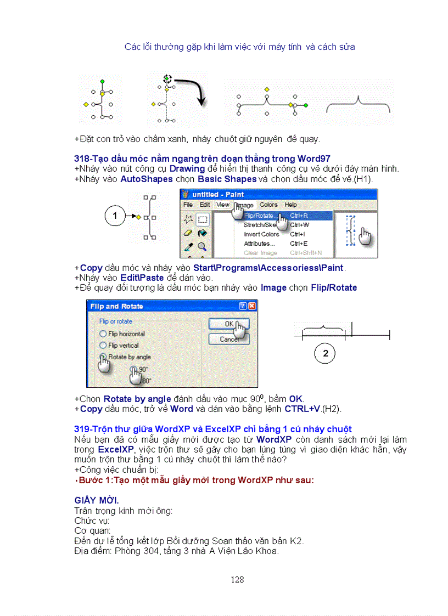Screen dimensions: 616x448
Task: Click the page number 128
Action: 237,579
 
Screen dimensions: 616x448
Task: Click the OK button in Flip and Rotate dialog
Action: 228,324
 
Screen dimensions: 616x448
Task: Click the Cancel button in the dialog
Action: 229,339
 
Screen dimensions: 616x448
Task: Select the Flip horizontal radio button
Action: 103,334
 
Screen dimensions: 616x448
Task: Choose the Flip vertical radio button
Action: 103,345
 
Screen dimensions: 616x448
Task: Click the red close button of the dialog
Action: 252,306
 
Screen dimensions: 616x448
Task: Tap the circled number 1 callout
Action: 115,216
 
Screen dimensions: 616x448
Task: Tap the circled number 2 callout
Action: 326,354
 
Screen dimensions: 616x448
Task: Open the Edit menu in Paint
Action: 205,205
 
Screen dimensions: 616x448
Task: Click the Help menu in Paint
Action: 290,205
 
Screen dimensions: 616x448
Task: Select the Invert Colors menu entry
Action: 261,234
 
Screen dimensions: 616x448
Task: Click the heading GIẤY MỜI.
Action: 97,500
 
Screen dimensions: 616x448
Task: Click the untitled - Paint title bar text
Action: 219,194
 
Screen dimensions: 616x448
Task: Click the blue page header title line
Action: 239,47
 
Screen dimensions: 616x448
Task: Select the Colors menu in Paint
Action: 268,205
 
